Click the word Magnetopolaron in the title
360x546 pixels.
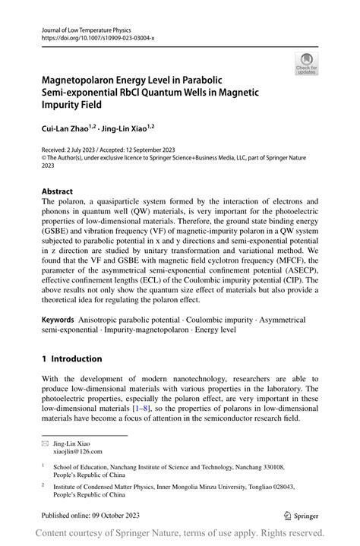pyautogui.click(x=90, y=79)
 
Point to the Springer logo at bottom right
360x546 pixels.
pyautogui.click(x=302, y=514)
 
